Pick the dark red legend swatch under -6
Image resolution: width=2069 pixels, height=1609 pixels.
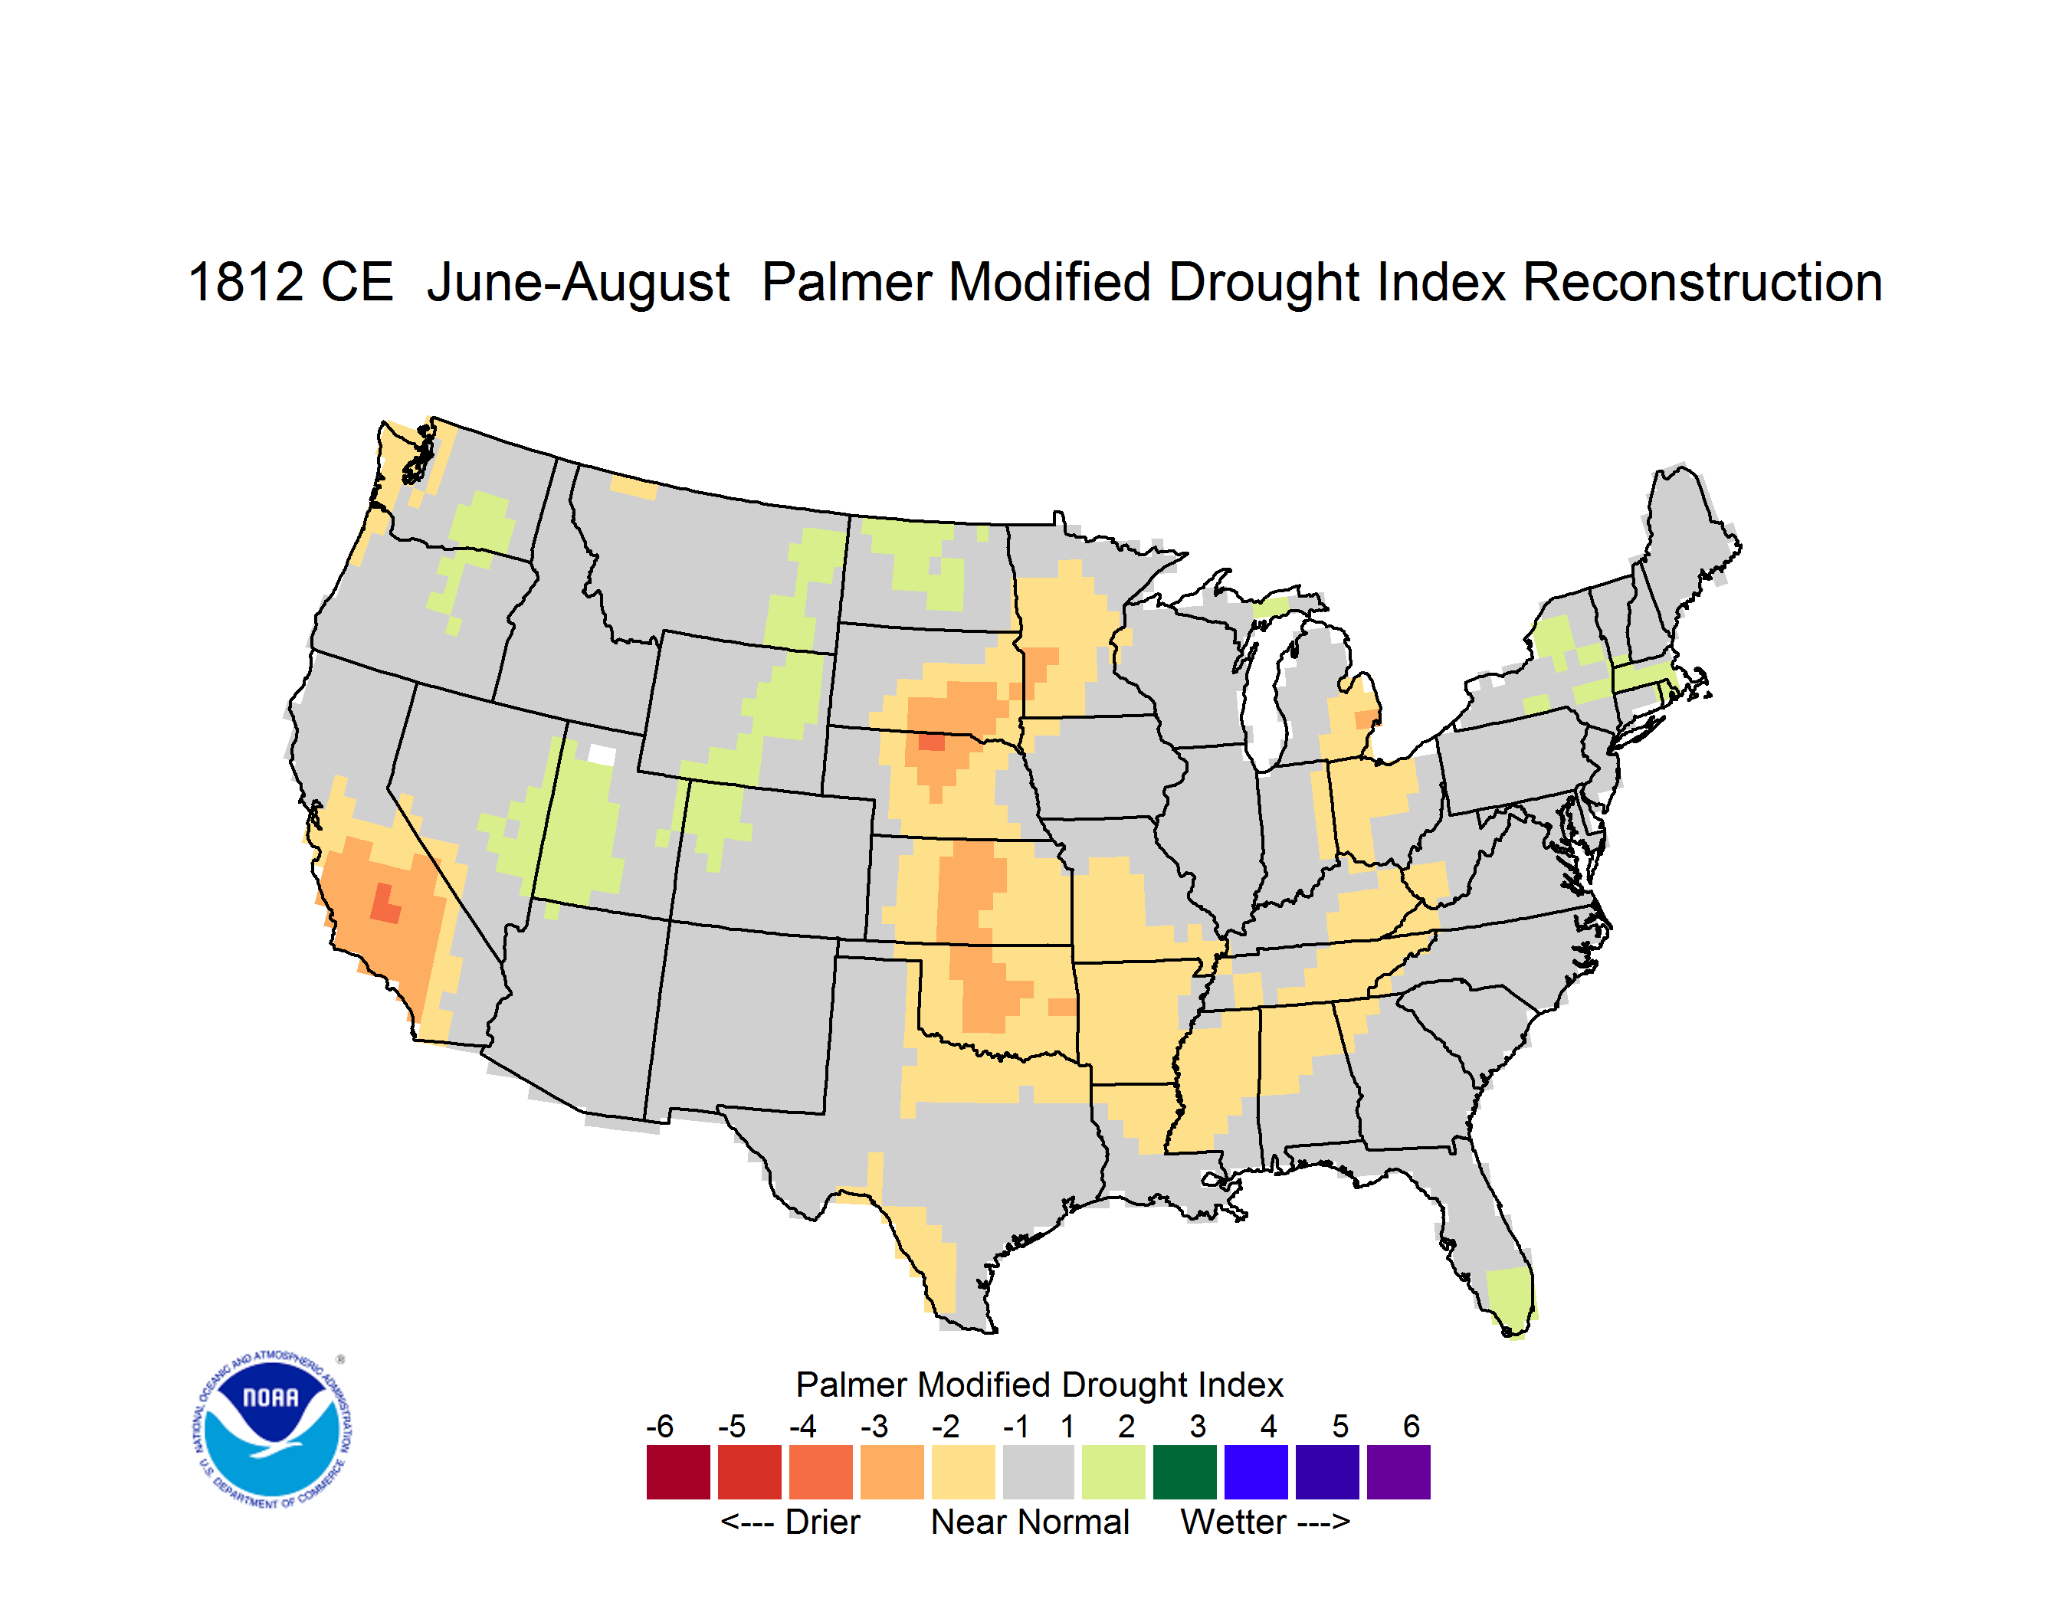[678, 1472]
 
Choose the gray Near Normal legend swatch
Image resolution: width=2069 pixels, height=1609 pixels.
[1038, 1472]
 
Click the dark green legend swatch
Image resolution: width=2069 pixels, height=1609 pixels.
[1184, 1472]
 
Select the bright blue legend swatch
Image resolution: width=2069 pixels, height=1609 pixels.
[1256, 1472]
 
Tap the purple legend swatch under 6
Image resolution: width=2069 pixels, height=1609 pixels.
[1398, 1472]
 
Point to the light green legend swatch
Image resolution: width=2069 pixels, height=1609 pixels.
[1113, 1472]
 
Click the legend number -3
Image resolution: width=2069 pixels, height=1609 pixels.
[874, 1426]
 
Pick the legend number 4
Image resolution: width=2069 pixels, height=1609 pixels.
[1268, 1426]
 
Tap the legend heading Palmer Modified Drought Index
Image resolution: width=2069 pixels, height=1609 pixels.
[1039, 1385]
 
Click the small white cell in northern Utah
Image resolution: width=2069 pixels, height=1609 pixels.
[602, 755]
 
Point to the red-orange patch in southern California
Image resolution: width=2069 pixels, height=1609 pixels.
[384, 904]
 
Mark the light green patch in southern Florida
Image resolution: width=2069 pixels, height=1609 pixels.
[1510, 1301]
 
